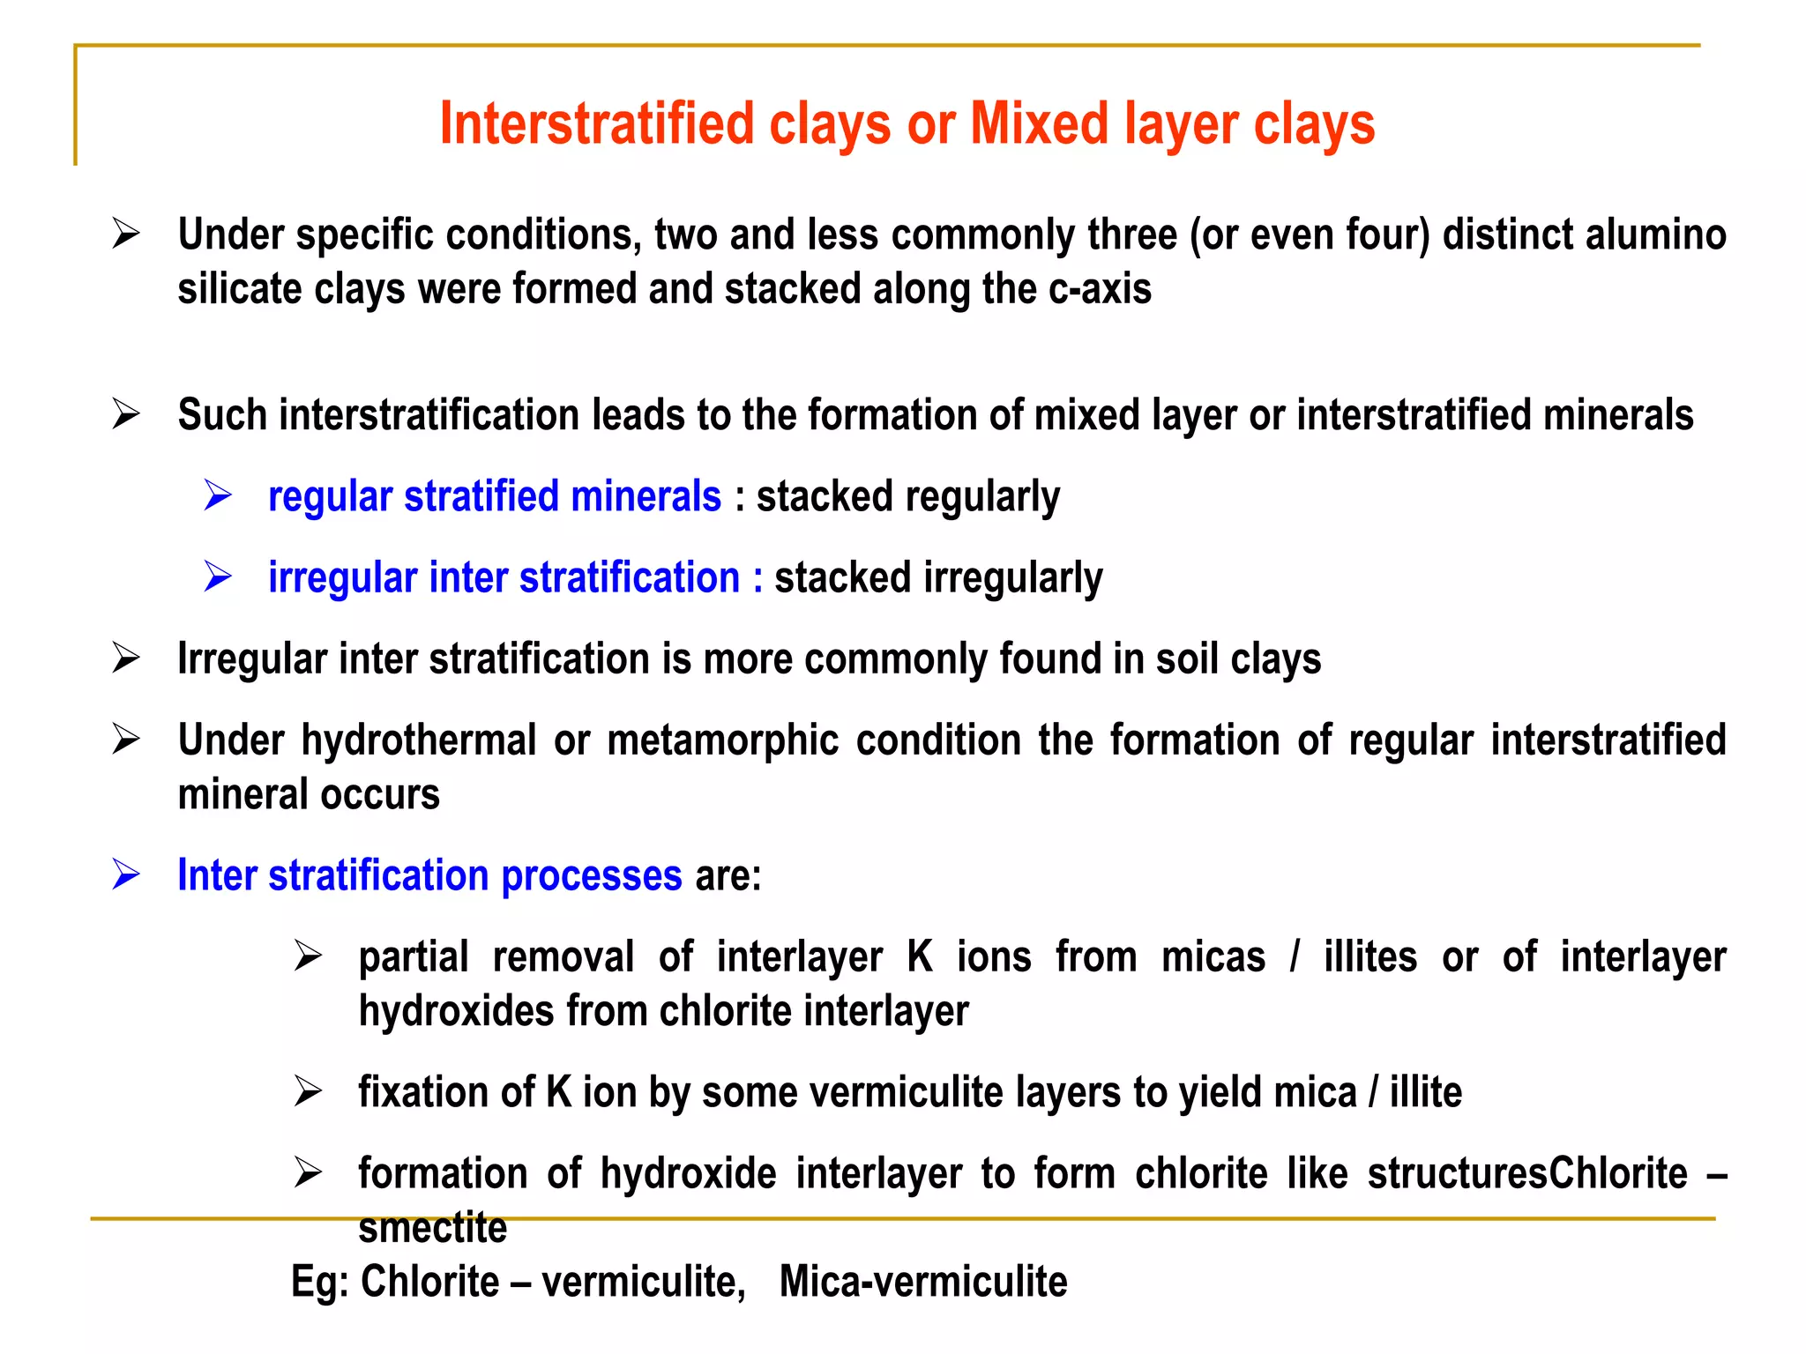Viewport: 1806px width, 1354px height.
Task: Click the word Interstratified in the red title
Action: pos(597,123)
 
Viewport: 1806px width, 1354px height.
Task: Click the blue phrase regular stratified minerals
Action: pos(495,496)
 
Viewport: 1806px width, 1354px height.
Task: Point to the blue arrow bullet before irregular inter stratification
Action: pos(218,577)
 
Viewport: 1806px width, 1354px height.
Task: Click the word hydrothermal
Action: pos(419,740)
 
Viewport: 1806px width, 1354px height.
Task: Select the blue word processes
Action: pos(592,876)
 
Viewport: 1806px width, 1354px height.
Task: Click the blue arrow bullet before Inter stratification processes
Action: pos(126,875)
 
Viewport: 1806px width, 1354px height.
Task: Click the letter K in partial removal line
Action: pos(920,957)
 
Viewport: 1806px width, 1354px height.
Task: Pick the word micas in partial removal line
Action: pos(1213,957)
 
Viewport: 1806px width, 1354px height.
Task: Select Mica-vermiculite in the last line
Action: pos(923,1282)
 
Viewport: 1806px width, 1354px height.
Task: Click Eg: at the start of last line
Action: pos(319,1282)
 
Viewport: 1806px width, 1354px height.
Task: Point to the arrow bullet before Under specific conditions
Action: pos(126,234)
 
